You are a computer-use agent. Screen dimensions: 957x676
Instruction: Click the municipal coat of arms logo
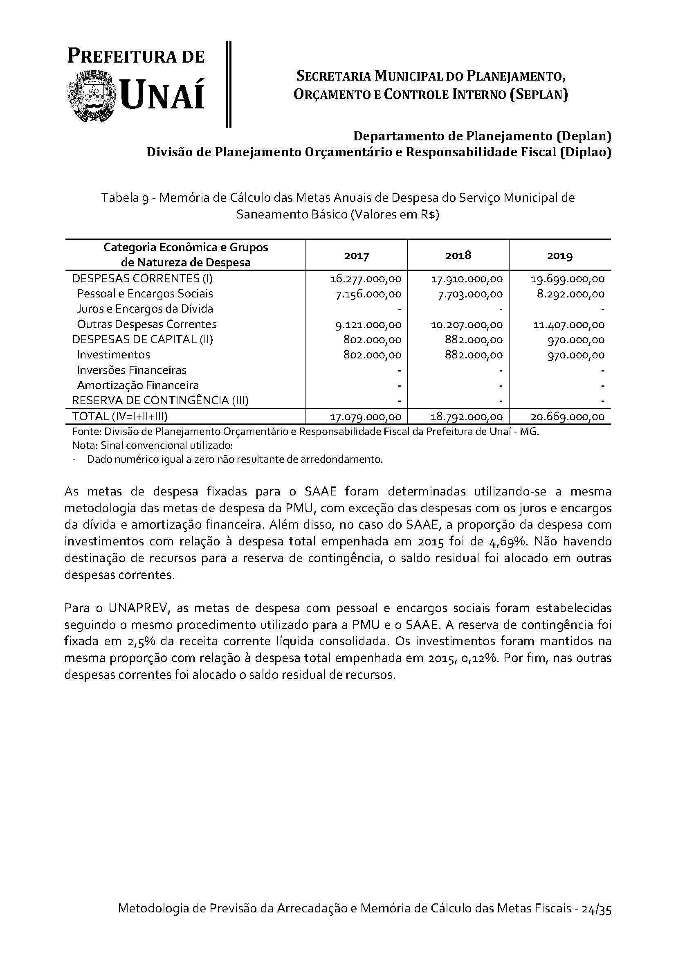[x=92, y=96]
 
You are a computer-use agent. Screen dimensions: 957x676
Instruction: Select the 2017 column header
[x=357, y=255]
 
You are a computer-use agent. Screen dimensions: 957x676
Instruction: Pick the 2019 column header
[x=560, y=255]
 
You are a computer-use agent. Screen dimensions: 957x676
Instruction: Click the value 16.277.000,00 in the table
[x=366, y=279]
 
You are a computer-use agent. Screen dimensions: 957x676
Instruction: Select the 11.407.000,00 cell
[x=568, y=325]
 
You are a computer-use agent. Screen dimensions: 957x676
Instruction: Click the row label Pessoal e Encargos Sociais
[x=145, y=294]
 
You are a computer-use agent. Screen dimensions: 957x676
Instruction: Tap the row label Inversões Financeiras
[x=132, y=370]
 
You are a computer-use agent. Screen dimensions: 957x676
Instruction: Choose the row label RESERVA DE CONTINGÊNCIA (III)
[x=160, y=401]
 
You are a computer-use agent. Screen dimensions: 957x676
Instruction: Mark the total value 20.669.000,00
[x=568, y=417]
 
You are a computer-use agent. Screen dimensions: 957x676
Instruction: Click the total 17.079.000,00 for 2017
[x=366, y=417]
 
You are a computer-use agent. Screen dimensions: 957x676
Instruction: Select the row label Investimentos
[x=113, y=355]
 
